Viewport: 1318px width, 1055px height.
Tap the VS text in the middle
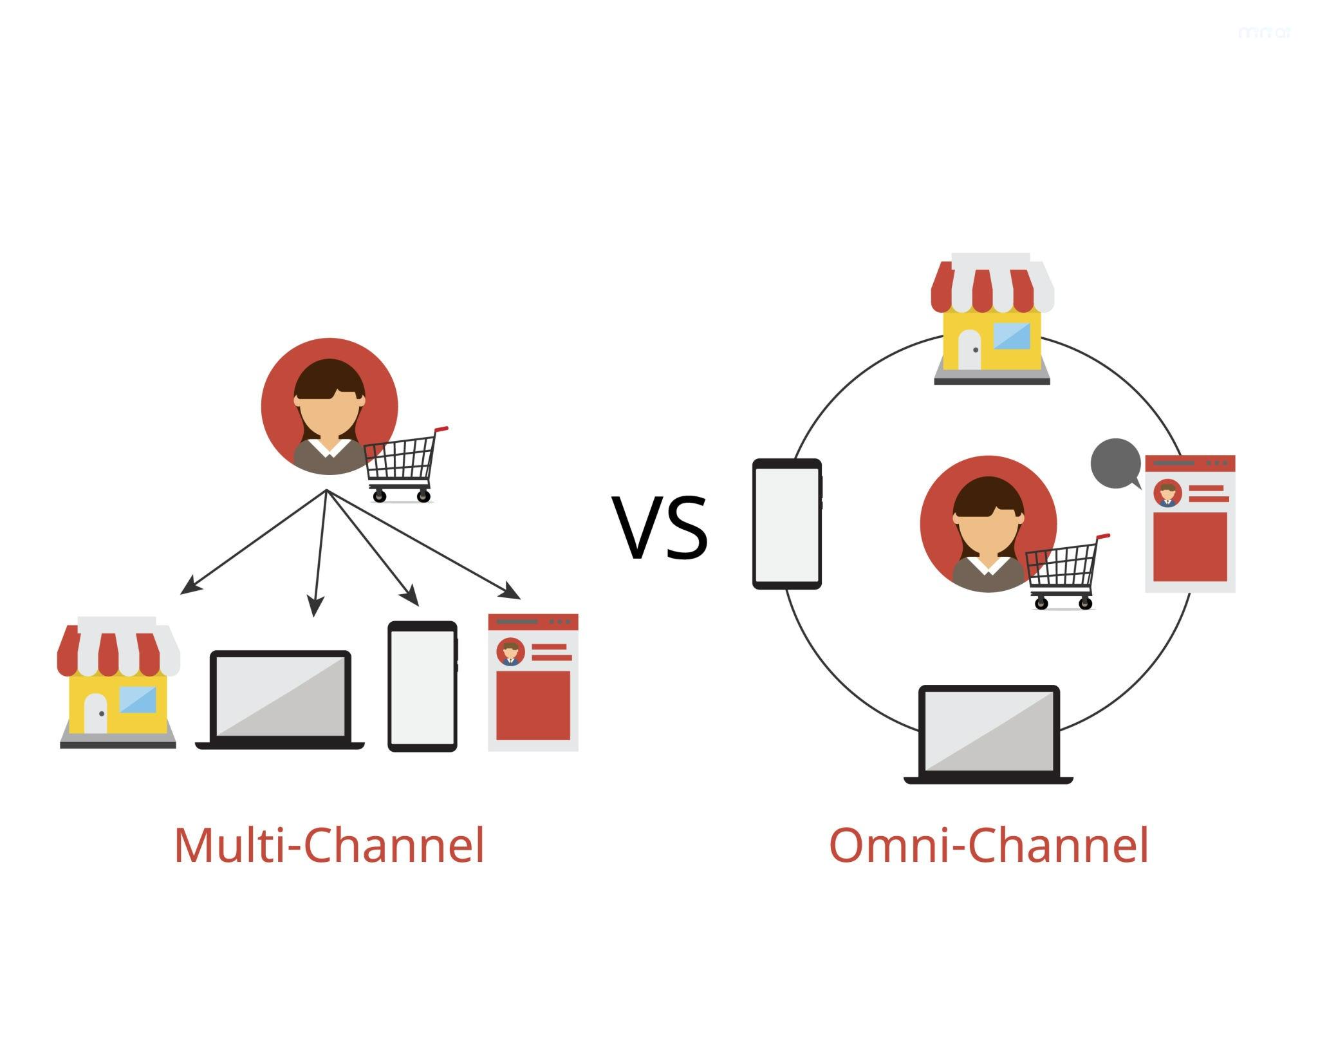point(661,528)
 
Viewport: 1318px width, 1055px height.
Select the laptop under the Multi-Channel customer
point(281,698)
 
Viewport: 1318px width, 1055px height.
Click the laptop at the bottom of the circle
point(988,734)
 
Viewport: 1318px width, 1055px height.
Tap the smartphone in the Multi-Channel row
point(422,686)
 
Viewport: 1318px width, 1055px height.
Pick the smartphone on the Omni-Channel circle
point(787,524)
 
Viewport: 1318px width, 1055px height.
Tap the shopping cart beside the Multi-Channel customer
point(403,463)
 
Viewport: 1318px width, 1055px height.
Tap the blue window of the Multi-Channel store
point(138,700)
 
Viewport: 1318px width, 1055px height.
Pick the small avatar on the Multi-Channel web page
point(510,652)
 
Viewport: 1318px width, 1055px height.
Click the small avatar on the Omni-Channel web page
point(1167,494)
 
